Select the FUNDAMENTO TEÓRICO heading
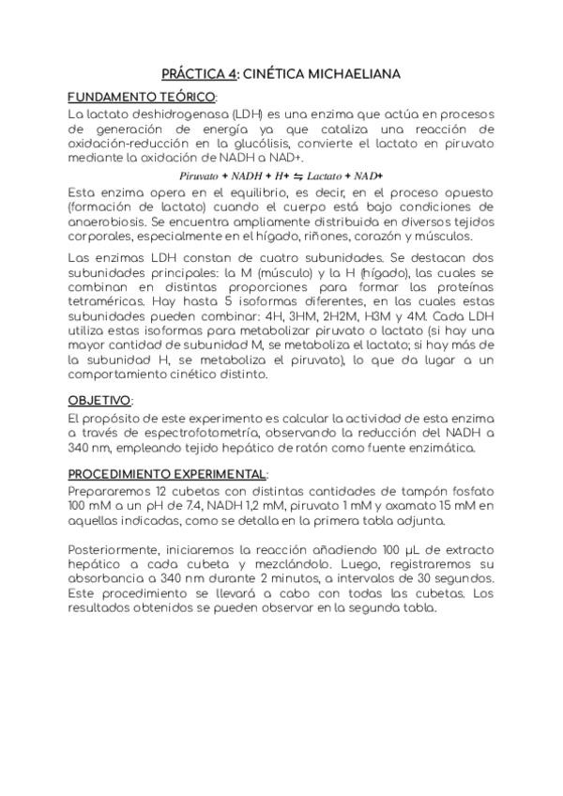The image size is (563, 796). (x=141, y=98)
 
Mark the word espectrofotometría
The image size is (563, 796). (x=201, y=432)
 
